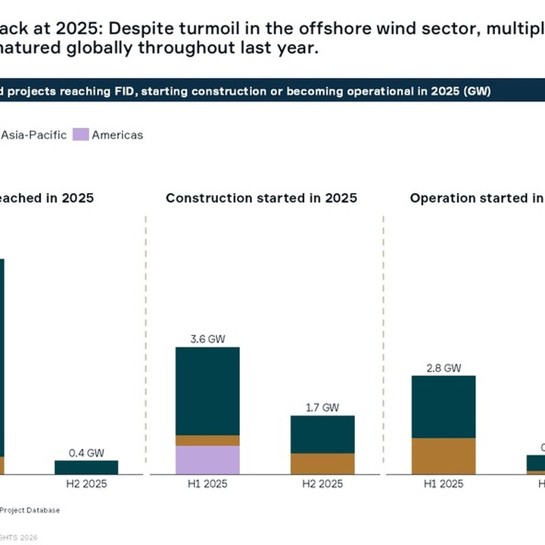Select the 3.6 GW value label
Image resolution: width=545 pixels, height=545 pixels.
pos(207,338)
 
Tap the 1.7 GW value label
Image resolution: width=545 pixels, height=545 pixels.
pos(322,406)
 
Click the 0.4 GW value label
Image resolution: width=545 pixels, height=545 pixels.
pos(86,453)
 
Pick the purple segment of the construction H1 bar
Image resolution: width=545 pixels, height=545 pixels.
pos(207,459)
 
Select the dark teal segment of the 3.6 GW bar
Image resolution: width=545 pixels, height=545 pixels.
pos(207,391)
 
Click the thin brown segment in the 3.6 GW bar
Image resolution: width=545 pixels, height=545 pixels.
pos(207,440)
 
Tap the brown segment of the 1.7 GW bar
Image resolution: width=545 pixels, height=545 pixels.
pos(322,463)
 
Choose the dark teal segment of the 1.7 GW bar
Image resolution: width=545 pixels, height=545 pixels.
pos(322,434)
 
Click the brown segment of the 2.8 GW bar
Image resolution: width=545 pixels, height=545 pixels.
pos(444,456)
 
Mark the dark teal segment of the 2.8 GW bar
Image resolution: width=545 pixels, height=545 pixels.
pos(444,406)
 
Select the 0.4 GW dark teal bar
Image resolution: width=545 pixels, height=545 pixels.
pos(86,467)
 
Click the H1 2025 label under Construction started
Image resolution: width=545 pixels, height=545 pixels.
pos(207,484)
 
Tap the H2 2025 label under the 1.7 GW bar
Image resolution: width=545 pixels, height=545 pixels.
pos(322,484)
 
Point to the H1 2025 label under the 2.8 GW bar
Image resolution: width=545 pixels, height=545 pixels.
pos(444,484)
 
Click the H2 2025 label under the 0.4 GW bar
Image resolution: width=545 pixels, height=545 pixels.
pos(86,484)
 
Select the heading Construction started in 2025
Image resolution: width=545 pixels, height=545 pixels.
pos(261,198)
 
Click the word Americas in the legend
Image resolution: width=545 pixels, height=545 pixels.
pos(117,135)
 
